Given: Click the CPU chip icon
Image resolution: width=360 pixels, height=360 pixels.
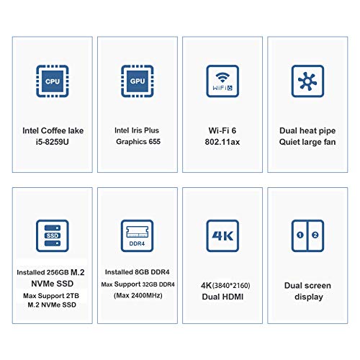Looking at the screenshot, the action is coord(53,81).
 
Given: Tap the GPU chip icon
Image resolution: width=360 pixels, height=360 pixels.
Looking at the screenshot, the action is coord(138,81).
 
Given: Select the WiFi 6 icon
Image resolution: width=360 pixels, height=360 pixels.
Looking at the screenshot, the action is coord(222,81).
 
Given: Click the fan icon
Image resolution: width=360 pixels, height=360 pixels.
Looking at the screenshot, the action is coord(307,81).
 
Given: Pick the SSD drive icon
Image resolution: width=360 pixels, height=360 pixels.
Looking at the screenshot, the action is coord(53,235).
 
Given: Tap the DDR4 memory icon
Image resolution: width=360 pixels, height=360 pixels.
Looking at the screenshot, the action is coord(138,235).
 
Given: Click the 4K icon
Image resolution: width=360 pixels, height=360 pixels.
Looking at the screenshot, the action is coord(222,235).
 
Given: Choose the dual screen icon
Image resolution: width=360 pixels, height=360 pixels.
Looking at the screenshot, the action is coord(307,235).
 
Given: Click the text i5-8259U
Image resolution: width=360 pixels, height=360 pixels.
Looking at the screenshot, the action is coord(53,142).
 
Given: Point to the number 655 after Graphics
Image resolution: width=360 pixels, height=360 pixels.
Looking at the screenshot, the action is coord(154,141).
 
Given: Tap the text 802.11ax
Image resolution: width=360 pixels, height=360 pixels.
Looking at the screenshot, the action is coord(222,142).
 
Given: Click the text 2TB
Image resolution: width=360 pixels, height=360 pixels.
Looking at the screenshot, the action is coord(73,296).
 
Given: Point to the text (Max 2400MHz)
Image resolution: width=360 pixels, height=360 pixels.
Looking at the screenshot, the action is coord(138,295).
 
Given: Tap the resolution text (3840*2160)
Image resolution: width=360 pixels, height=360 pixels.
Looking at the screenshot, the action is coord(231,285).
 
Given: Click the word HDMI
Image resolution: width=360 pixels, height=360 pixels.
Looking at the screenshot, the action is coord(233,297).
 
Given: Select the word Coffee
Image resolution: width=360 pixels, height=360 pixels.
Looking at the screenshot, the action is coord(53,130).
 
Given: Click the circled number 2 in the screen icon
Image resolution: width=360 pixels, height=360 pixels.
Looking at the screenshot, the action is coord(315,235).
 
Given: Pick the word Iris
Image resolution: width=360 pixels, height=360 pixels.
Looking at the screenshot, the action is coord(137,130).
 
